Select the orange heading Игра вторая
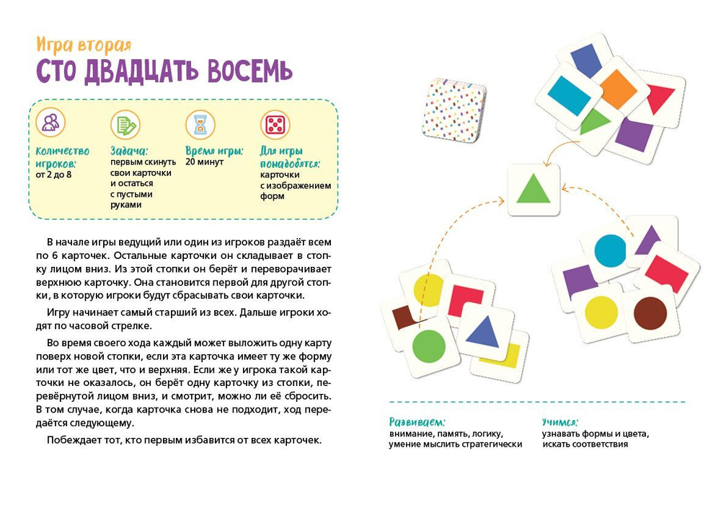[84, 45]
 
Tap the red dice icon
[275, 125]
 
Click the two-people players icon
[50, 123]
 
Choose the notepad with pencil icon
[125, 125]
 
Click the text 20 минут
[204, 162]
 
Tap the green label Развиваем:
[417, 421]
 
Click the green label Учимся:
[560, 421]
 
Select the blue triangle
[484, 330]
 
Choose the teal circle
[610, 249]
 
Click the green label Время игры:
[213, 151]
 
